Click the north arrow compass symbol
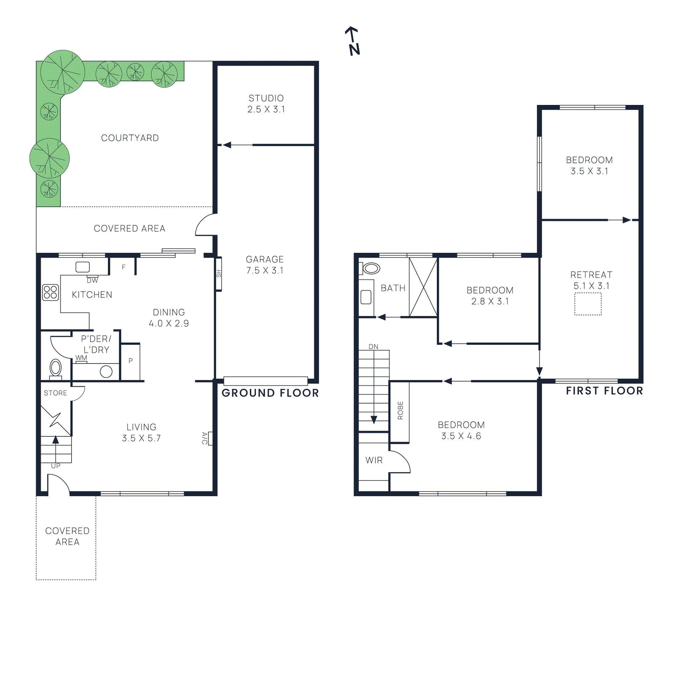[353, 41]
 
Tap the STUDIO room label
[266, 98]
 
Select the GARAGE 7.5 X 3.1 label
[265, 265]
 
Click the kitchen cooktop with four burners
[50, 292]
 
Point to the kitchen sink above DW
[83, 267]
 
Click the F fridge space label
[123, 267]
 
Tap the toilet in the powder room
[56, 368]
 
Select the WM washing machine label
[81, 358]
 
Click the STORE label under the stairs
[55, 393]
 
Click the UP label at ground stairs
[56, 465]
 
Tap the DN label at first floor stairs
[373, 347]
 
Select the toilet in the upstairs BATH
[371, 268]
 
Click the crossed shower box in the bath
[423, 287]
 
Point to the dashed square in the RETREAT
[588, 304]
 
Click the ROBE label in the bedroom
[400, 410]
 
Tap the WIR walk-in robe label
[374, 460]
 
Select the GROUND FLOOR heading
[270, 393]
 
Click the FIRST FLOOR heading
[604, 391]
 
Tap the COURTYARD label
[130, 138]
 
